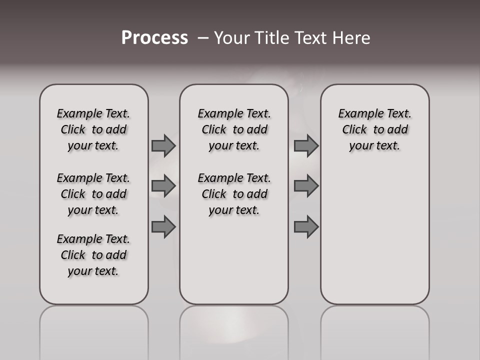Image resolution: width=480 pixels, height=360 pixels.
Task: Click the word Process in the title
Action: pos(154,38)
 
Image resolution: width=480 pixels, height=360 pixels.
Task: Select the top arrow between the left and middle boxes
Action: pos(163,145)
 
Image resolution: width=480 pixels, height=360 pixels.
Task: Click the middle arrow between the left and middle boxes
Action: pos(163,186)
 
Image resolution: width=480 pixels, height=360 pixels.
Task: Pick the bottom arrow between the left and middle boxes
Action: pos(163,227)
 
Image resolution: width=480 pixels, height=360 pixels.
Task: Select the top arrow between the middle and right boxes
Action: pos(306,145)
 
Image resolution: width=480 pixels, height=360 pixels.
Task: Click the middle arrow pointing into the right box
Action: pos(306,186)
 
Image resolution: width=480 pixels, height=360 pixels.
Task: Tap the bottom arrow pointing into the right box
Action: pos(306,227)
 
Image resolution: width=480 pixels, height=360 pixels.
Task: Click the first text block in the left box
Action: pos(93,129)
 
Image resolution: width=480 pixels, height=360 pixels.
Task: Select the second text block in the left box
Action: pos(93,194)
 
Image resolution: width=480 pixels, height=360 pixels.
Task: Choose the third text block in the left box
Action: pos(93,255)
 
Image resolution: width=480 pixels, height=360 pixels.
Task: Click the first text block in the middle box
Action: pos(234,129)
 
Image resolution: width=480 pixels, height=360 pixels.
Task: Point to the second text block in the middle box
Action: pos(234,194)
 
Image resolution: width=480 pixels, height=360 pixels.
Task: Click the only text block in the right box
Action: pos(374,129)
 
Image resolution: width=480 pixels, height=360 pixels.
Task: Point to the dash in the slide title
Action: pos(203,38)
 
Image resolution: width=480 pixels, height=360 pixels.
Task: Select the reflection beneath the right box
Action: pos(374,330)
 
